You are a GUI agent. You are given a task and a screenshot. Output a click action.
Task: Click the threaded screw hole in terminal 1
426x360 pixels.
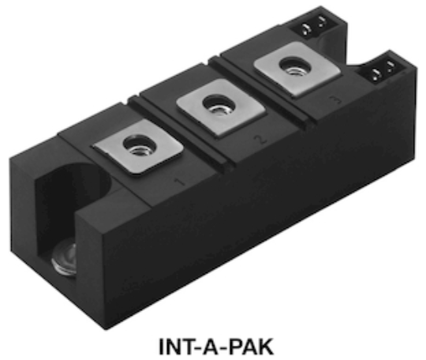[139, 145]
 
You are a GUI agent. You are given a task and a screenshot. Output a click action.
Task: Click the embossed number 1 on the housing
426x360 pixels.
[179, 182]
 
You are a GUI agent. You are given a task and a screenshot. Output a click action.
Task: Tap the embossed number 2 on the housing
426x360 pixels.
[260, 139]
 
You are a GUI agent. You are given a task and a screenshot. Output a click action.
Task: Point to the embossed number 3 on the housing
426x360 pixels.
[336, 100]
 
